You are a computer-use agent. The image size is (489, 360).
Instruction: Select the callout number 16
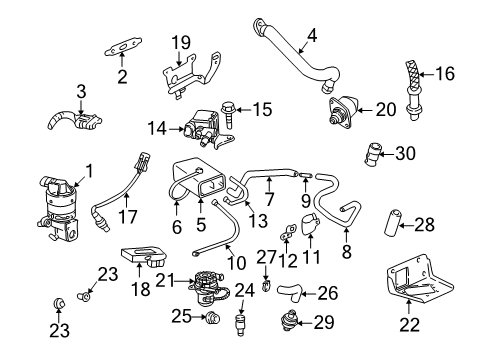click(x=446, y=72)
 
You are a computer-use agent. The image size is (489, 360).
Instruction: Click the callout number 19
click(x=180, y=42)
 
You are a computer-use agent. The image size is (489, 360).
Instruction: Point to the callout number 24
click(x=243, y=291)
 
